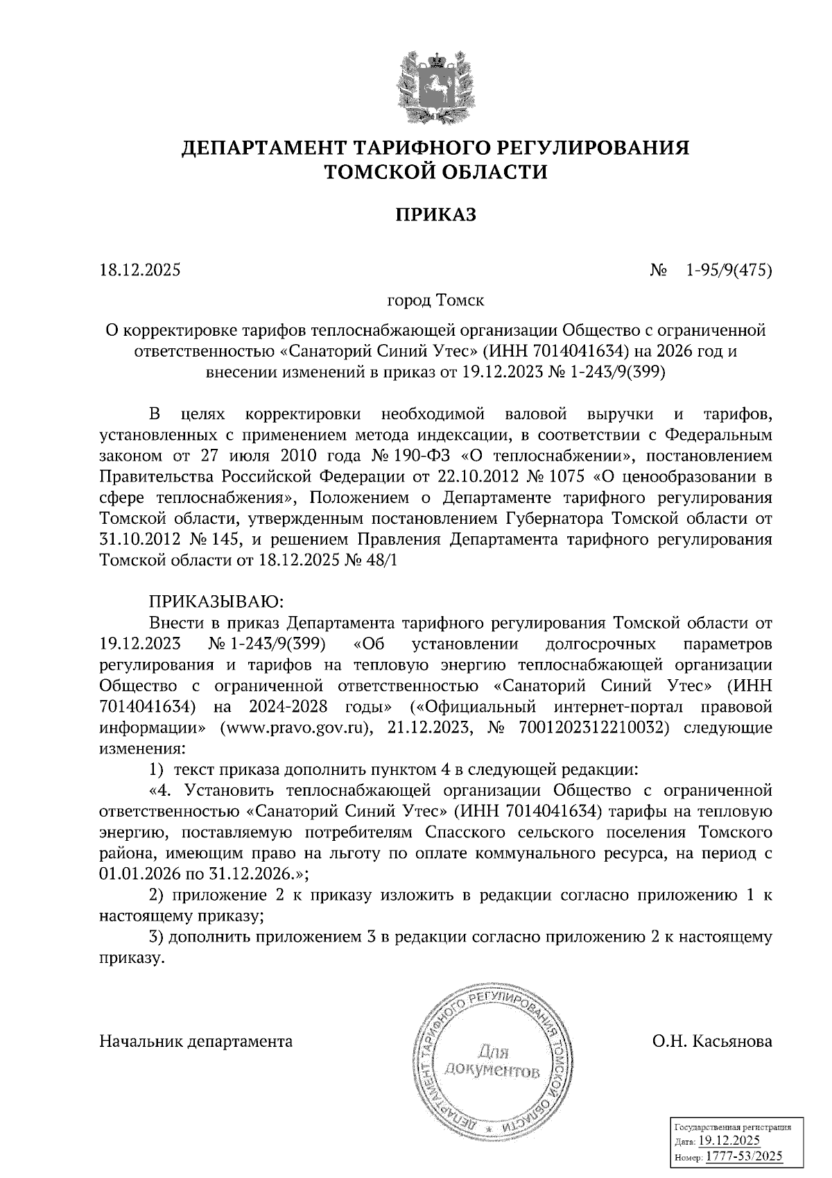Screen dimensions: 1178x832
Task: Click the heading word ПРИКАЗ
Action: (435, 216)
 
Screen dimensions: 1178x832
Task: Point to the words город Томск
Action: (435, 302)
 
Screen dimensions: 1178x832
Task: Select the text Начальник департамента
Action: (196, 1042)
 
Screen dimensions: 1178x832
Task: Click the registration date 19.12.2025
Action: (729, 1142)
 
